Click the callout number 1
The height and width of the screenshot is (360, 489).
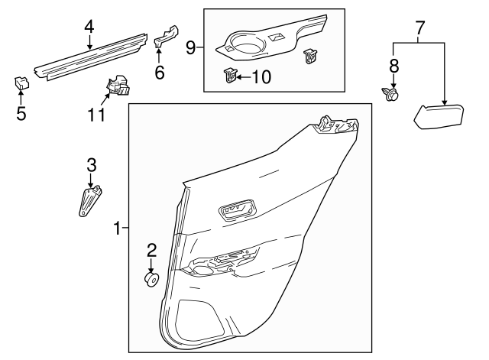(117, 228)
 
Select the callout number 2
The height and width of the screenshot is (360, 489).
(151, 249)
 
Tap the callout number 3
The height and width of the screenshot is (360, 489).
(91, 164)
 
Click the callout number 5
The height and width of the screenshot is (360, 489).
(21, 114)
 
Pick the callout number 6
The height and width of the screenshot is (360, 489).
(159, 73)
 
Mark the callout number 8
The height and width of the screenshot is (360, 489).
(394, 66)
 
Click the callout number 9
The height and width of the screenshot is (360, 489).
(190, 47)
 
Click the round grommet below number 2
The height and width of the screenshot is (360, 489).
(151, 281)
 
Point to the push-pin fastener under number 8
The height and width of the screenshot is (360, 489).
(393, 95)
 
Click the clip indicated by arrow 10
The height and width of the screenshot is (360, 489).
(229, 74)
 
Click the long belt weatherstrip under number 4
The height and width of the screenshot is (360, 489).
(92, 56)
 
